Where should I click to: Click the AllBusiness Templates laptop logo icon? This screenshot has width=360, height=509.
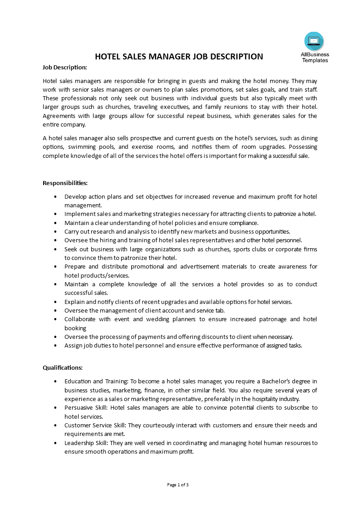pyautogui.click(x=314, y=41)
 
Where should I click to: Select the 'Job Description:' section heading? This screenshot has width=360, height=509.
pyautogui.click(x=64, y=67)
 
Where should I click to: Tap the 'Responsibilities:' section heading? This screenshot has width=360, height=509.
pyautogui.click(x=65, y=183)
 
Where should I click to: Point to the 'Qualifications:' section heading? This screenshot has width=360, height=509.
pyautogui.click(x=63, y=367)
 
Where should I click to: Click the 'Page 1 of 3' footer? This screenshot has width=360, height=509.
pyautogui.click(x=178, y=485)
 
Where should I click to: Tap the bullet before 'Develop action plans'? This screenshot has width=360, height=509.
pyautogui.click(x=55, y=197)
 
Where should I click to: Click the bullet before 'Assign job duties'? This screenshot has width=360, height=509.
pyautogui.click(x=55, y=346)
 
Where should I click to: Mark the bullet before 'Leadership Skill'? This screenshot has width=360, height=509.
pyautogui.click(x=55, y=443)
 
